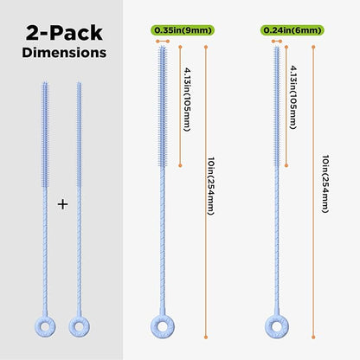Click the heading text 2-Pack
64,33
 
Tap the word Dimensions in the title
64,53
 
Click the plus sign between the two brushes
62,204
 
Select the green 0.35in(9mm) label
183,30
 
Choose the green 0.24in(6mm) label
292,30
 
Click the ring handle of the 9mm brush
155,326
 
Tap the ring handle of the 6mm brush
269,326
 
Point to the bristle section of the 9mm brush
163,106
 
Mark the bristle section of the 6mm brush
277,106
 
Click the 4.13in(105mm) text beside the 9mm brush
187,100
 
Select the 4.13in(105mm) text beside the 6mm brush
293,98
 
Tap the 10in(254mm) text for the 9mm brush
211,186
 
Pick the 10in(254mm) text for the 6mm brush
325,184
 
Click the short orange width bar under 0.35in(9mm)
163,42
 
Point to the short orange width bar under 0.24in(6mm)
277,42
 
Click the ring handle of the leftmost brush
39,327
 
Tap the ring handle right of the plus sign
74,327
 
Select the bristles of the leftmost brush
45,135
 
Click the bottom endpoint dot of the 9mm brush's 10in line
206,337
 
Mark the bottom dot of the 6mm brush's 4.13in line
286,165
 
